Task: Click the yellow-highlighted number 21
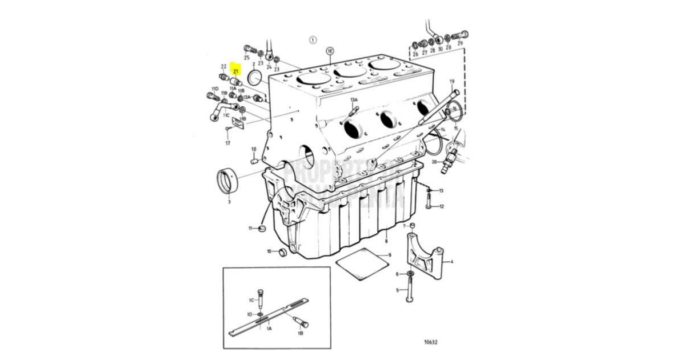[x=235, y=71]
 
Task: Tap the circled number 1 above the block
[x=312, y=40]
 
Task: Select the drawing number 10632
[x=431, y=343]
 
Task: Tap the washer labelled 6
[x=410, y=274]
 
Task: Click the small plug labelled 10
[x=282, y=252]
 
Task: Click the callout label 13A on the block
[x=354, y=101]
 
